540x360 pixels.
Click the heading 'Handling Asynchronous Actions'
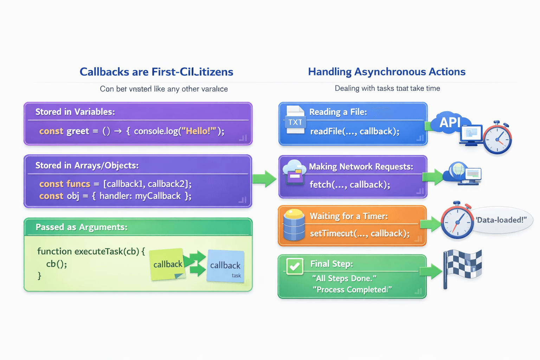pos(386,72)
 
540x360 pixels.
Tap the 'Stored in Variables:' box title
pos(75,112)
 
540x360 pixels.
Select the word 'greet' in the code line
pos(78,131)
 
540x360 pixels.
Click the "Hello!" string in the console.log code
pos(198,131)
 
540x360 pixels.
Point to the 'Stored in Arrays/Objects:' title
pos(87,165)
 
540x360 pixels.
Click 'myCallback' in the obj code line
pos(158,196)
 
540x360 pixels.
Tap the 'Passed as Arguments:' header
pos(81,227)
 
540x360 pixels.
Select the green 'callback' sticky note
pos(167,264)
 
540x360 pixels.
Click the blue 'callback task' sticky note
pos(225,266)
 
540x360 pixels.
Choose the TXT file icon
pos(295,120)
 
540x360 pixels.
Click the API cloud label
pos(450,122)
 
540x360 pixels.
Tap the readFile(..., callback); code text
pos(354,131)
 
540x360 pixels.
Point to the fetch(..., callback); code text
pos(349,185)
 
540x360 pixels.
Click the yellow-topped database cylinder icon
pos(294,225)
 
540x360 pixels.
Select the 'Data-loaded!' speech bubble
pos(501,220)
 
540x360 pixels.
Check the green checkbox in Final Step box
pos(295,266)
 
